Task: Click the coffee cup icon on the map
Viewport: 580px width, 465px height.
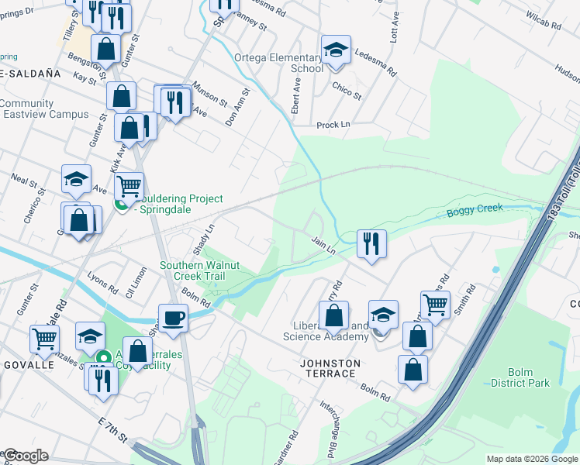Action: coord(173,316)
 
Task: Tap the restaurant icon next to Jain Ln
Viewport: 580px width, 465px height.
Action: coord(371,243)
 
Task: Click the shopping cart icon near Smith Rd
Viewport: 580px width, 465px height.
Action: coord(435,305)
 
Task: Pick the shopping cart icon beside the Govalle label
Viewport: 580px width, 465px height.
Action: coord(44,338)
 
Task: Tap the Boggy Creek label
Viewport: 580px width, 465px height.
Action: coord(475,208)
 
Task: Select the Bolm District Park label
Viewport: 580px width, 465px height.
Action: coord(520,377)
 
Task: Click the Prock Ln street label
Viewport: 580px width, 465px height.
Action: coord(333,125)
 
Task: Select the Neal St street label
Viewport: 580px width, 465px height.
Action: coord(25,181)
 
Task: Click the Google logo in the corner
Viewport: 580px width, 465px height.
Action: coord(25,456)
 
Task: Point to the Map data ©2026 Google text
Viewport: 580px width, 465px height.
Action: coord(531,459)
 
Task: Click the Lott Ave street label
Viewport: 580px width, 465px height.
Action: coord(394,32)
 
